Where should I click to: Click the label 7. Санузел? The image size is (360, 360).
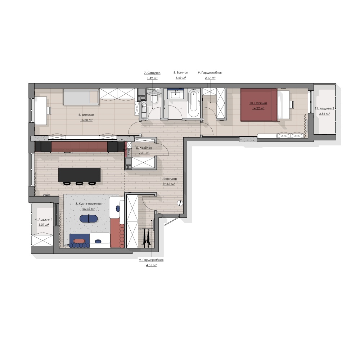click(x=152, y=73)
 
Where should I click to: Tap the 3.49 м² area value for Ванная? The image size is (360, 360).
click(x=181, y=78)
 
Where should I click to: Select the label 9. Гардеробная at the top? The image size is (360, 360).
click(x=210, y=73)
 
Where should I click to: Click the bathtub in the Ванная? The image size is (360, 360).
click(x=194, y=103)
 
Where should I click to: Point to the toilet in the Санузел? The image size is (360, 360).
click(x=154, y=99)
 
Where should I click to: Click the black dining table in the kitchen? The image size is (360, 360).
click(x=80, y=175)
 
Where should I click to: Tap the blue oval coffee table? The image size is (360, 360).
click(x=89, y=219)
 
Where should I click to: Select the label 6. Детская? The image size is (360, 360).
click(x=86, y=115)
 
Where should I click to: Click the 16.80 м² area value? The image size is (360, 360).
click(x=86, y=120)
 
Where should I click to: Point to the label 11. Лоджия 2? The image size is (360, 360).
click(x=324, y=109)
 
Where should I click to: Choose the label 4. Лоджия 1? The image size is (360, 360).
click(x=44, y=220)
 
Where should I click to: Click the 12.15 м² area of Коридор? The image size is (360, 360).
click(x=168, y=184)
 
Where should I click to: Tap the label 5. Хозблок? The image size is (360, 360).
click(x=144, y=148)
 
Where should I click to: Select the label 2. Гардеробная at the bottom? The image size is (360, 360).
click(x=151, y=260)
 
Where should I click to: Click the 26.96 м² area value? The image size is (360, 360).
click(x=89, y=209)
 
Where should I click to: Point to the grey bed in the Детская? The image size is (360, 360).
click(x=81, y=97)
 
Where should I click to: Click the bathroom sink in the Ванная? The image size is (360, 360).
click(x=176, y=93)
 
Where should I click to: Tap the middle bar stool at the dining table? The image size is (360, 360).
click(x=80, y=184)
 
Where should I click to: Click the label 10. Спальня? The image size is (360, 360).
click(x=258, y=103)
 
